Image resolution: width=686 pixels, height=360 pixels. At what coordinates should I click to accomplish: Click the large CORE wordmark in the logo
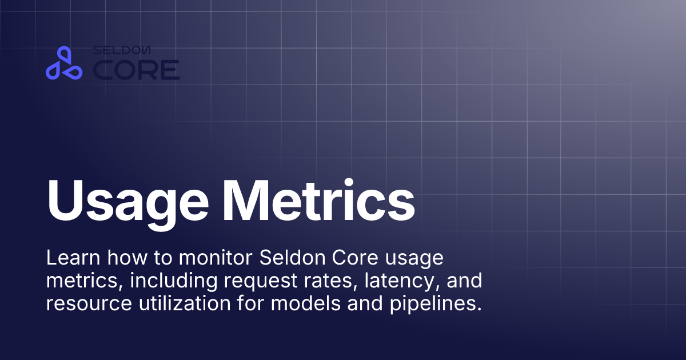(137, 70)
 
